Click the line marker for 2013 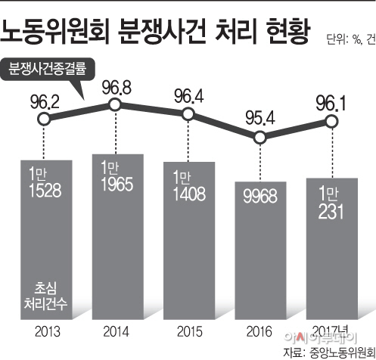(x=45, y=119)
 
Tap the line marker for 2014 (x=115, y=104)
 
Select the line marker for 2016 (x=260, y=138)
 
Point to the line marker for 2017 (x=331, y=122)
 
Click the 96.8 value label (x=117, y=88)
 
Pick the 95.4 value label (x=260, y=118)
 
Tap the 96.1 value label (x=331, y=104)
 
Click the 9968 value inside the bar (x=260, y=196)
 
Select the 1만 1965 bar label (x=117, y=176)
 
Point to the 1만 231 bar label (x=331, y=203)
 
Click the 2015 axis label (x=190, y=331)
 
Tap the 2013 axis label (x=48, y=331)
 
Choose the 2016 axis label (x=259, y=331)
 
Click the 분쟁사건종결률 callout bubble (x=47, y=69)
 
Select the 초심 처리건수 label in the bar (x=45, y=296)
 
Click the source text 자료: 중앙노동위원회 (x=329, y=352)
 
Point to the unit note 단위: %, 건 (x=351, y=39)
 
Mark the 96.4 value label (x=189, y=96)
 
